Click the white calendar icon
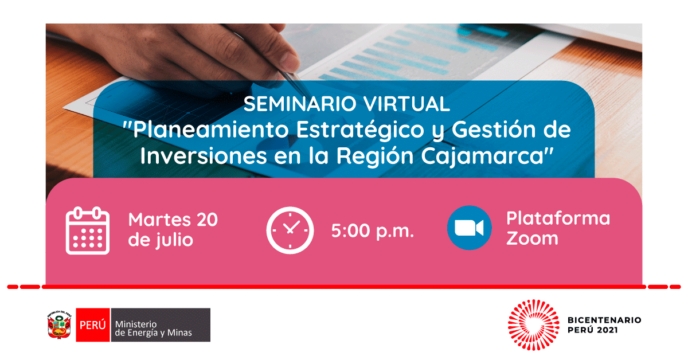pos(88,230)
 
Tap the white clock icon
pos(290,230)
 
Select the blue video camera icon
pos(469,228)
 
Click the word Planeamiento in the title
pos(211,130)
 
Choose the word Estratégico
pos(360,130)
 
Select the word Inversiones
pos(204,156)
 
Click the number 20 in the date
pos(207,220)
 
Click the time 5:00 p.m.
pos(373,231)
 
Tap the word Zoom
pos(532,238)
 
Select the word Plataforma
pos(558,218)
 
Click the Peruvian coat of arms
pos(60,325)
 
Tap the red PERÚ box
pos(93,325)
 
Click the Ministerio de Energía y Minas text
pos(153,328)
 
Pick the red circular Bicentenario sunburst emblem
pos(534,325)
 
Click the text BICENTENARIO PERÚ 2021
pos(604,325)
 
